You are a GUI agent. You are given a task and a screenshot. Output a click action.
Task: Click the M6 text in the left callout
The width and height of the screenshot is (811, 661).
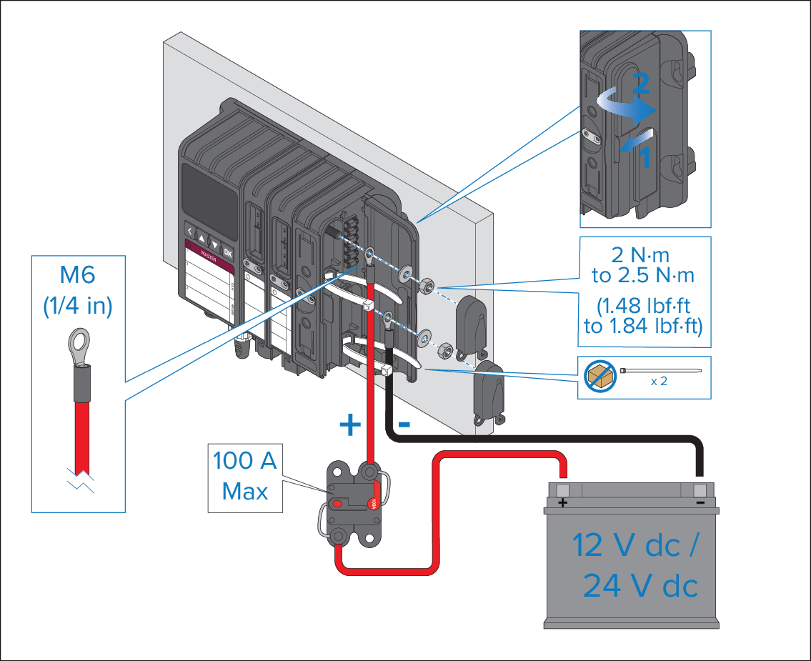79,275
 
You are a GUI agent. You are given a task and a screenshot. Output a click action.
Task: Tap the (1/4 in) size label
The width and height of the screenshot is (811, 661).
79,306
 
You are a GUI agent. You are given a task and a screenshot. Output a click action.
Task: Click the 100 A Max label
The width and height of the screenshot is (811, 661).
244,476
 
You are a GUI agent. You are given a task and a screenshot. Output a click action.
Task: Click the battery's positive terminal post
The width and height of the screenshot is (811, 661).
562,489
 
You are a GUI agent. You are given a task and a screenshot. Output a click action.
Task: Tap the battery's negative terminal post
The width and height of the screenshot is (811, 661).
700,489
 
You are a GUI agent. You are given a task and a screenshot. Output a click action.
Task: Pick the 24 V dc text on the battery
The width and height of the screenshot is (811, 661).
640,587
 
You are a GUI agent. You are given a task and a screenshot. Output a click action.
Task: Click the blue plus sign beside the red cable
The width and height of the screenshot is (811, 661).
350,425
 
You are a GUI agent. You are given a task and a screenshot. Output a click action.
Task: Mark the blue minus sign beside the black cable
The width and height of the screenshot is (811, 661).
404,424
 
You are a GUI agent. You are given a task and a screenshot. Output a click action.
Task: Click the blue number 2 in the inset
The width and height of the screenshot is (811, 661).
641,85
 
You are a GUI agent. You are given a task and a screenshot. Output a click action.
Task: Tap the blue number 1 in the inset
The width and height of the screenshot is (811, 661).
644,159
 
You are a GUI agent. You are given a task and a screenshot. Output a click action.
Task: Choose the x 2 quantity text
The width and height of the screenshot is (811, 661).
659,381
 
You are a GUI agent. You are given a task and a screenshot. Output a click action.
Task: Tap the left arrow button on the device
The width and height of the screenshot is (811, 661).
190,232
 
